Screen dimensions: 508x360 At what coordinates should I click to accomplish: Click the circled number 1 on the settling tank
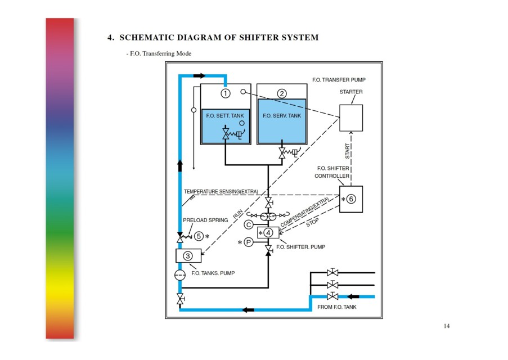(x=226, y=93)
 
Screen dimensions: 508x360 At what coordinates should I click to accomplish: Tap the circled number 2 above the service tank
(x=282, y=93)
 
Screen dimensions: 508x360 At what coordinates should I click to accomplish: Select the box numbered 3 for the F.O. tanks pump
(x=188, y=256)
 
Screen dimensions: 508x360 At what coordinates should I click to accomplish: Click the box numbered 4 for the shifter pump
(x=268, y=233)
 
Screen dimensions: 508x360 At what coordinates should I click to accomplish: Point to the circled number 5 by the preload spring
(x=199, y=236)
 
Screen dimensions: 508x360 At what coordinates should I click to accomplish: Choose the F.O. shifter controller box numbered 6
(x=351, y=199)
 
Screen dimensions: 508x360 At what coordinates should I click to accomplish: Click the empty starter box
(x=351, y=118)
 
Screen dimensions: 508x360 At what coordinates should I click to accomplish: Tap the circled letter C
(x=249, y=224)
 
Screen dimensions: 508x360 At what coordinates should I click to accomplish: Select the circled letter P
(x=249, y=242)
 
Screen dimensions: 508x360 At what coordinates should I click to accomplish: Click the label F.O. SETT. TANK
(x=225, y=116)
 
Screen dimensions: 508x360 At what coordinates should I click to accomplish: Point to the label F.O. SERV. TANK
(x=282, y=116)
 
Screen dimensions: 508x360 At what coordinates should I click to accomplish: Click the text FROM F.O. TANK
(x=336, y=307)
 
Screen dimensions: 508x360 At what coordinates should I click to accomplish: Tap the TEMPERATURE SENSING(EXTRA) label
(x=221, y=191)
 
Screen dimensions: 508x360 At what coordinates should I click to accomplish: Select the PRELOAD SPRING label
(x=205, y=220)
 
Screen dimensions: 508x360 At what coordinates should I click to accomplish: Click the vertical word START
(x=347, y=151)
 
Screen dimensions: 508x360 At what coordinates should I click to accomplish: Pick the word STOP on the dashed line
(x=312, y=222)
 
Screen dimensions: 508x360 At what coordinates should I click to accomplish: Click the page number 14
(x=447, y=326)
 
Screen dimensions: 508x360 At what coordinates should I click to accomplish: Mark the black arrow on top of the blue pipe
(x=199, y=76)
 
